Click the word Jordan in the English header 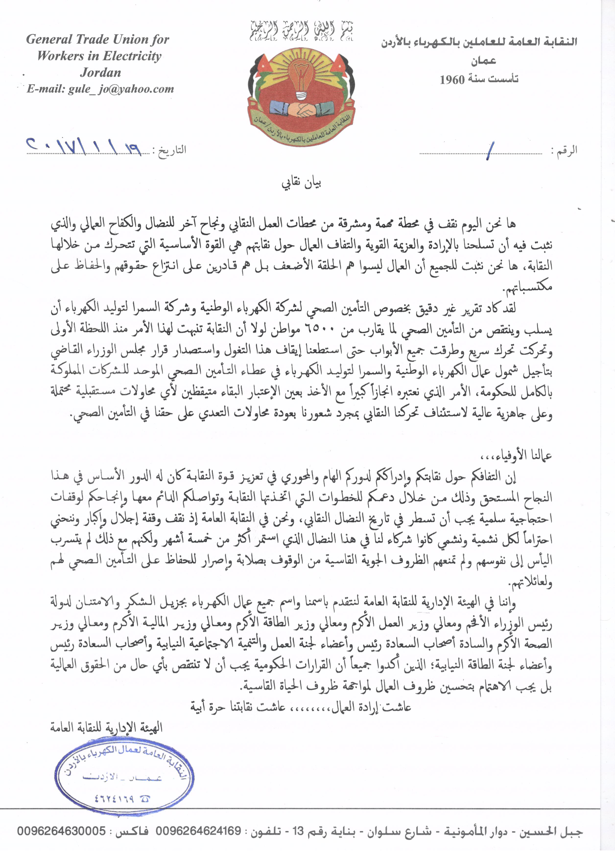(x=100, y=72)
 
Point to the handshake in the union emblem (x=301, y=109)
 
